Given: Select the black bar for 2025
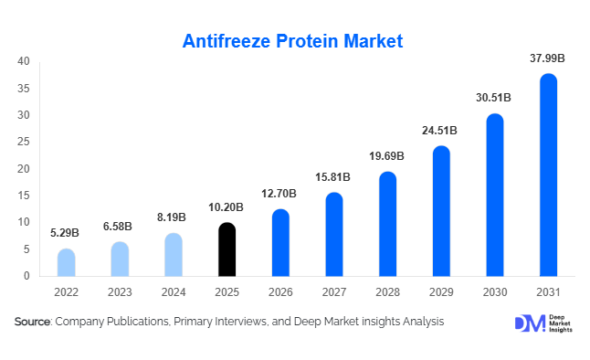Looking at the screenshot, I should pyautogui.click(x=227, y=249).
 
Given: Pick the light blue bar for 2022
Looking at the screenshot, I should pyautogui.click(x=67, y=262).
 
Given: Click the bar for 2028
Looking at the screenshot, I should pyautogui.click(x=388, y=224).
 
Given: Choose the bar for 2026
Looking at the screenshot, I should pyautogui.click(x=280, y=243).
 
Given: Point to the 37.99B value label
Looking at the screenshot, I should pyautogui.click(x=548, y=58).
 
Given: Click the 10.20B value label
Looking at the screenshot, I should pyautogui.click(x=227, y=207).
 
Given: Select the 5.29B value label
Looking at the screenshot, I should pyautogui.click(x=67, y=234).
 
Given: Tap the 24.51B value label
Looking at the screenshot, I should pyautogui.click(x=441, y=131).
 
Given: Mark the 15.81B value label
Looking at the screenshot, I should pyautogui.click(x=334, y=177).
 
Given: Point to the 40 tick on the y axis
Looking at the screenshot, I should pyautogui.click(x=25, y=62).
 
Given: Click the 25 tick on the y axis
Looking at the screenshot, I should pyautogui.click(x=25, y=143).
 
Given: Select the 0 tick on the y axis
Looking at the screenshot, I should pyautogui.click(x=27, y=276).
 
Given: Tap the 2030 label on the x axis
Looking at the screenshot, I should pyautogui.click(x=494, y=292).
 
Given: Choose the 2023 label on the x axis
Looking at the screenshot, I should pyautogui.click(x=121, y=292).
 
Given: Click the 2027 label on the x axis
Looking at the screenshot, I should pyautogui.click(x=334, y=292).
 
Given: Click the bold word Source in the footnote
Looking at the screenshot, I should pyautogui.click(x=32, y=323).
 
